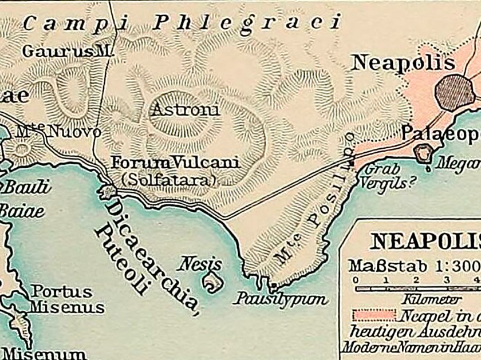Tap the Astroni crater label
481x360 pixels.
pyautogui.click(x=185, y=110)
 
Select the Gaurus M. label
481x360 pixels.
pyautogui.click(x=66, y=51)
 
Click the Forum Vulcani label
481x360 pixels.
pyautogui.click(x=175, y=163)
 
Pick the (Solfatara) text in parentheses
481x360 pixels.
pyautogui.click(x=169, y=179)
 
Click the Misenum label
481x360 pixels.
pyautogui.click(x=44, y=353)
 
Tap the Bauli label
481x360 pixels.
pyautogui.click(x=26, y=187)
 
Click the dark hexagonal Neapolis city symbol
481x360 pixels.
pyautogui.click(x=455, y=92)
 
